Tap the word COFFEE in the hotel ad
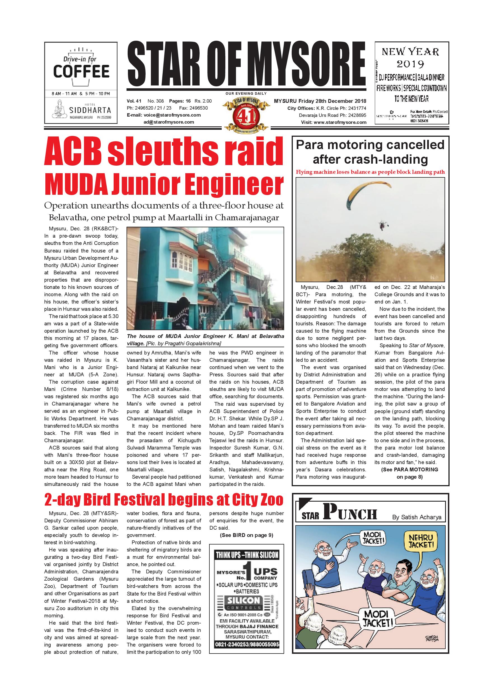81,71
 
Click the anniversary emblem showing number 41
246,114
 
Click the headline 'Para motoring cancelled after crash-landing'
370,152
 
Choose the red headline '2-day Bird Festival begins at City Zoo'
163,500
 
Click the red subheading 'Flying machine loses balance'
370,172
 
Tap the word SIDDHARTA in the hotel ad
90,110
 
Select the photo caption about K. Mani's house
205,340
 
